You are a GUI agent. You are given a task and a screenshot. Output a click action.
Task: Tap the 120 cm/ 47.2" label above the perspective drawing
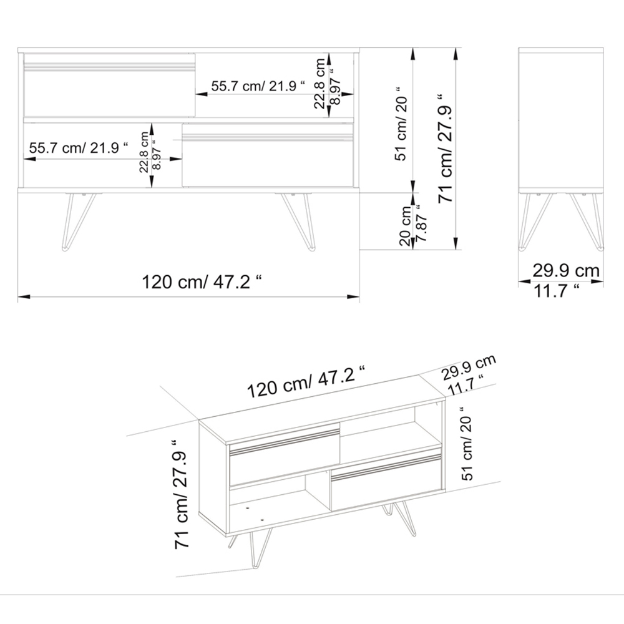point(306,383)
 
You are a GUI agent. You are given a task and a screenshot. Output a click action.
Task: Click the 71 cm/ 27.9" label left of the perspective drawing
point(182,493)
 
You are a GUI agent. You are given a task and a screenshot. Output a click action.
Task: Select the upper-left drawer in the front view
point(110,85)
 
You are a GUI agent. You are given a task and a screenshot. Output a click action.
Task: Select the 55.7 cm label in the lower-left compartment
point(78,149)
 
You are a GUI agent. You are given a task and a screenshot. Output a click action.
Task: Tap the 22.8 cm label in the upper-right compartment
point(320,83)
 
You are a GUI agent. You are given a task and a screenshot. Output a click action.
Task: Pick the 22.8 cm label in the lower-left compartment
point(144,152)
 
